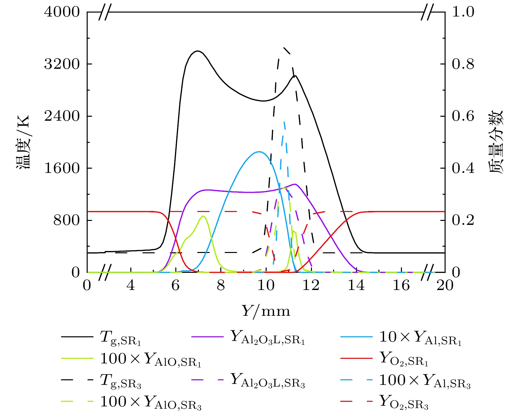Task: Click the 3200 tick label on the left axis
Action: pyautogui.click(x=62, y=64)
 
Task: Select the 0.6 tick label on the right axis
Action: pyautogui.click(x=463, y=116)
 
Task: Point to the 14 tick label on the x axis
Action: pyautogui.click(x=356, y=285)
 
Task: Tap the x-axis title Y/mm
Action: pyautogui.click(x=266, y=311)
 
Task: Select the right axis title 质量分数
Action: pyautogui.click(x=495, y=142)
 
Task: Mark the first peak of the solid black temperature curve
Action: pyautogui.click(x=197, y=51)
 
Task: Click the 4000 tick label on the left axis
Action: pyautogui.click(x=62, y=12)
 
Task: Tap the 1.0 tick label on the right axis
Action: pyautogui.click(x=463, y=12)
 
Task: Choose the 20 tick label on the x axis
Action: pyautogui.click(x=445, y=285)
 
